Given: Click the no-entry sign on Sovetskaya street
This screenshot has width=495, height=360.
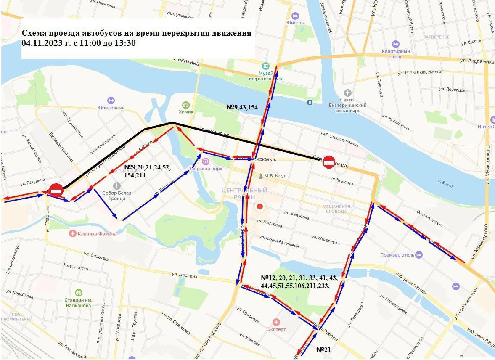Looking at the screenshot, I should point(329,162).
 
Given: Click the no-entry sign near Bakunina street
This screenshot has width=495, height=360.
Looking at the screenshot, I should point(56,190).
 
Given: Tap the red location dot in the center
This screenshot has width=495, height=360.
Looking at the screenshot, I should point(260,206).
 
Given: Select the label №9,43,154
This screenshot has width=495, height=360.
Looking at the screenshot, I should point(242,107).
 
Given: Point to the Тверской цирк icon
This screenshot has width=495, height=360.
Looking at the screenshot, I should point(206,161).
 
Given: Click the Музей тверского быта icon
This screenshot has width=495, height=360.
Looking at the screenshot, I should point(265,66).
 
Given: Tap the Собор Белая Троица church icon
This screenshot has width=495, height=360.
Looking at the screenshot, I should point(117,185).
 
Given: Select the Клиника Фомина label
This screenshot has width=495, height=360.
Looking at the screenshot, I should point(97,233).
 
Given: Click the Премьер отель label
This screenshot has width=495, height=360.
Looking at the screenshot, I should point(397,255).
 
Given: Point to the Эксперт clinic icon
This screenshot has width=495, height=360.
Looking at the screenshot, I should point(276,322).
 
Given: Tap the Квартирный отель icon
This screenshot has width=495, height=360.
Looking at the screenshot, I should point(395,44).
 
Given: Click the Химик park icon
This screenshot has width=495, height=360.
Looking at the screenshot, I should point(186,104).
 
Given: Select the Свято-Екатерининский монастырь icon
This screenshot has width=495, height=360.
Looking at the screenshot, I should point(347,93).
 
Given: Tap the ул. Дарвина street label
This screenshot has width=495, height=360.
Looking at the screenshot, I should point(183,276).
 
